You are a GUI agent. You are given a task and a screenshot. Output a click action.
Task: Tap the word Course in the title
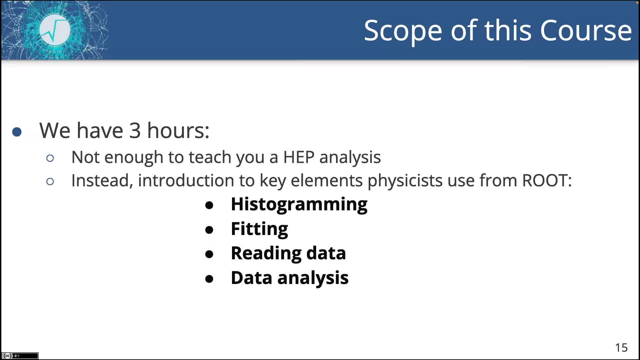585,31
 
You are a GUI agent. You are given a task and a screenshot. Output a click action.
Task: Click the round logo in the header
55,30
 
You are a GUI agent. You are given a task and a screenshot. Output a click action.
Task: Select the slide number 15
621,348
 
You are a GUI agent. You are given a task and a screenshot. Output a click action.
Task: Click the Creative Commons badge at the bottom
20,356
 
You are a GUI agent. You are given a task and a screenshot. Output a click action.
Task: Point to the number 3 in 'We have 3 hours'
135,130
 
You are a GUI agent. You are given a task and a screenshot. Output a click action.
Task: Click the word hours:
178,130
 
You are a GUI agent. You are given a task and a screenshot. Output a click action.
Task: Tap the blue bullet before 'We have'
17,132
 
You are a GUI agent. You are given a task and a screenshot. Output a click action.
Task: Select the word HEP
298,157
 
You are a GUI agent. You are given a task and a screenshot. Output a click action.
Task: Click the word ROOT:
547,180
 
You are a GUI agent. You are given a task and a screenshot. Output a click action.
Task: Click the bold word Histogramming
299,204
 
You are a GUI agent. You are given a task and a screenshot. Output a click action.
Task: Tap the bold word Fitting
259,229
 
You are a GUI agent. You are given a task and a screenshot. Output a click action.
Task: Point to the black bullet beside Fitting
209,230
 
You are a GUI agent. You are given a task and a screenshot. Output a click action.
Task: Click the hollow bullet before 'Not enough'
50,158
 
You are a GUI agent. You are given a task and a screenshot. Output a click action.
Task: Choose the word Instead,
102,180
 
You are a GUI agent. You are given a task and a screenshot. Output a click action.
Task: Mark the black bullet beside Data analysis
209,279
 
